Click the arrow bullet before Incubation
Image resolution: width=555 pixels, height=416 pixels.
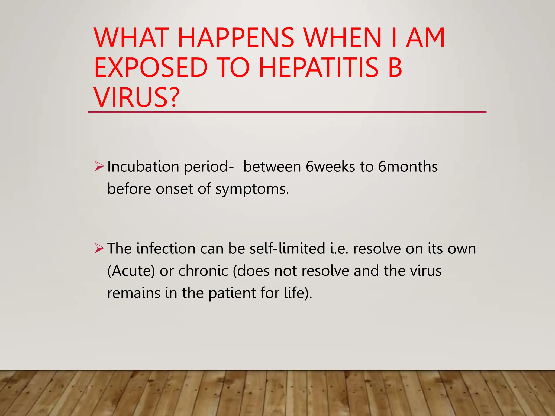tap(99, 166)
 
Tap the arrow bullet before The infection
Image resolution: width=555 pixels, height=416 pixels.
tap(99, 248)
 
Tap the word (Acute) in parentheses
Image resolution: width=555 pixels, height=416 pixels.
tap(131, 271)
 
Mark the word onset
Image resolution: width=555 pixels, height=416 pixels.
tap(174, 189)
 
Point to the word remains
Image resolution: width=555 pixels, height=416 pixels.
tap(134, 293)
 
